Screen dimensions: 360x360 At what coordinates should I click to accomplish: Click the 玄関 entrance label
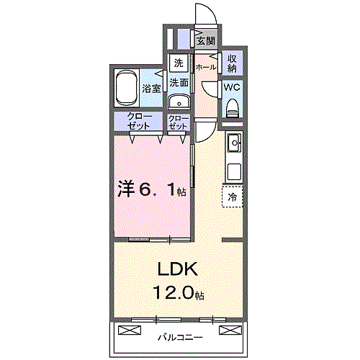(206, 41)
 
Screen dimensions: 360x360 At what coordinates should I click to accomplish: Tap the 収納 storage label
(232, 63)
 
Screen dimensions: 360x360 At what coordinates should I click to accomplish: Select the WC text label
(232, 87)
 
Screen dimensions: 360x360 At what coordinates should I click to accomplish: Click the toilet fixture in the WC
(233, 108)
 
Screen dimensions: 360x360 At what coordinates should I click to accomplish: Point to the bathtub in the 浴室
(127, 89)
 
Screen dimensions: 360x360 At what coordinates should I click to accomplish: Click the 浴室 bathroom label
(151, 89)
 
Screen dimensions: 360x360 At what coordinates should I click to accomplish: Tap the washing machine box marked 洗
(179, 63)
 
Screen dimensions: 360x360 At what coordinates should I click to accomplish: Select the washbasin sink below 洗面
(179, 102)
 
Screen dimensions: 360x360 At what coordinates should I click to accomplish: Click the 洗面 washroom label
(179, 83)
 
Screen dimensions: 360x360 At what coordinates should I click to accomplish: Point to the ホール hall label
(206, 68)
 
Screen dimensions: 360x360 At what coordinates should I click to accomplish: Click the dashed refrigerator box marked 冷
(233, 197)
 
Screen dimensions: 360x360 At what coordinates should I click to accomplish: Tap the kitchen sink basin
(234, 143)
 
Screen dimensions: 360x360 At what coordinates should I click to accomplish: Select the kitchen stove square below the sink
(234, 172)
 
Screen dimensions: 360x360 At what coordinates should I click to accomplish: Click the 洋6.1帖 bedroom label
(152, 190)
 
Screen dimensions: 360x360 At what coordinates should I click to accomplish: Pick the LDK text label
(178, 270)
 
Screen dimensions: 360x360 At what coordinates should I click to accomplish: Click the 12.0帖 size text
(179, 292)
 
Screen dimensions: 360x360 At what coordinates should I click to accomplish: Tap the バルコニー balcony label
(180, 338)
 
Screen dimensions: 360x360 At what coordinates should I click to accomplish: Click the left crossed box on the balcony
(130, 330)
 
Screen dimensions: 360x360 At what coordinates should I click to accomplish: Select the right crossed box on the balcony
(230, 330)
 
